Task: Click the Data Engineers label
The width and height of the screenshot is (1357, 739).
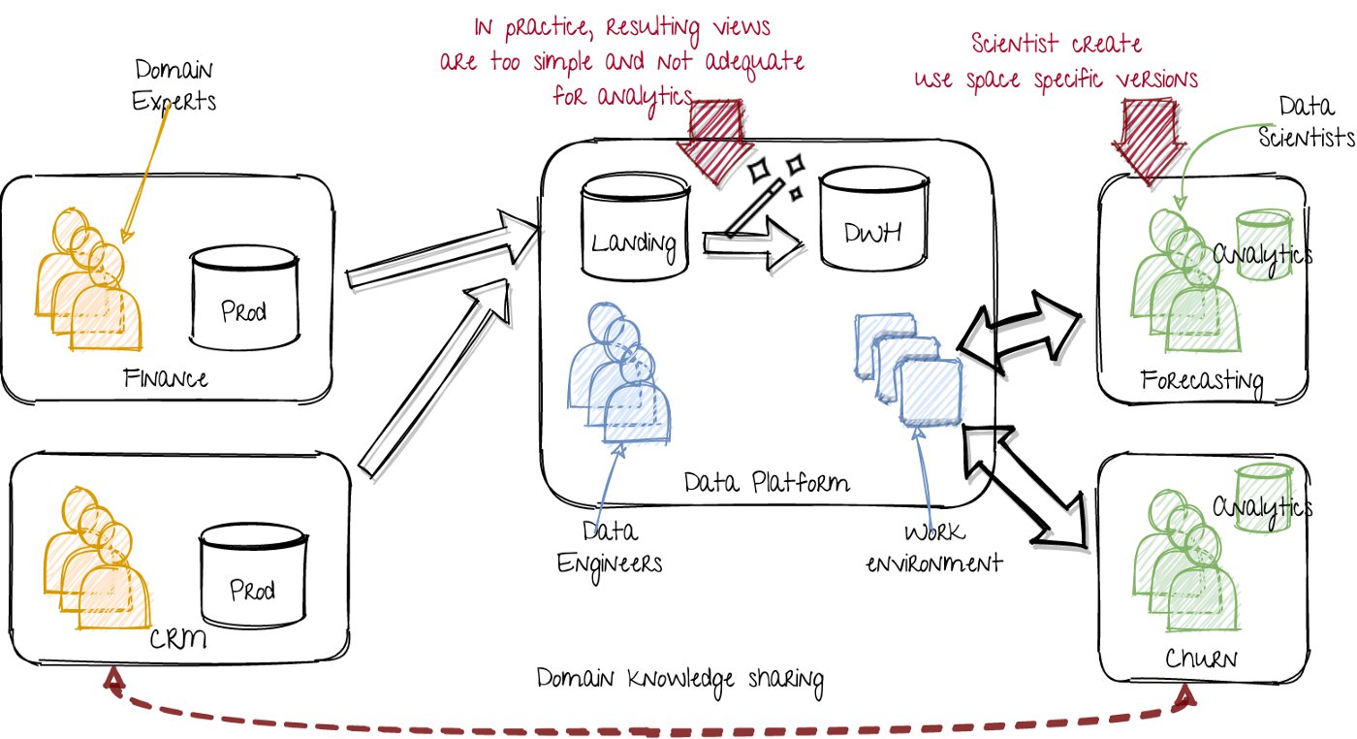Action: (x=610, y=548)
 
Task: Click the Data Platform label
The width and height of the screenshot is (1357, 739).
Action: (x=766, y=482)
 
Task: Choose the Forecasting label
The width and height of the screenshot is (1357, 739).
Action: (x=1202, y=380)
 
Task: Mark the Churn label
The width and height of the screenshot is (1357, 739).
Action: (x=1205, y=659)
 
